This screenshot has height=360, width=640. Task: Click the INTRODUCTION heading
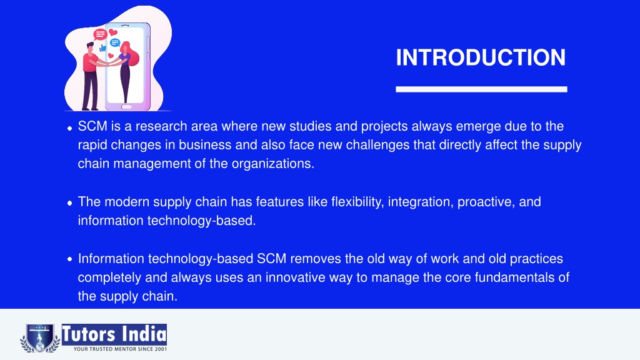[481, 57]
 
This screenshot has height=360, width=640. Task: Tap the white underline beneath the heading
[481, 89]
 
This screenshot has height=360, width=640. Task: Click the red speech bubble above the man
[99, 34]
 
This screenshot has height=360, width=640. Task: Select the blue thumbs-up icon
[102, 48]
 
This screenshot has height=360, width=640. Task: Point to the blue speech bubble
[115, 42]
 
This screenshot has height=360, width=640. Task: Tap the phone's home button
[126, 107]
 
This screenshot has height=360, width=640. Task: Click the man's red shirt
[90, 62]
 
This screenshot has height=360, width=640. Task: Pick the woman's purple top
[126, 59]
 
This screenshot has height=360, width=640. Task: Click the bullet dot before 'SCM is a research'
[69, 128]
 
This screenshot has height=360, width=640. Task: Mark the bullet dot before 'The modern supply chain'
[69, 203]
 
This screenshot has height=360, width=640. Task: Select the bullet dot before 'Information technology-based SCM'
[69, 259]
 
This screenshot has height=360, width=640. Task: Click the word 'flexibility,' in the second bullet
[357, 202]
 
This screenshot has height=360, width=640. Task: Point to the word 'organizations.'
[273, 164]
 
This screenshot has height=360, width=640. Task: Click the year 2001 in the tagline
[161, 349]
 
